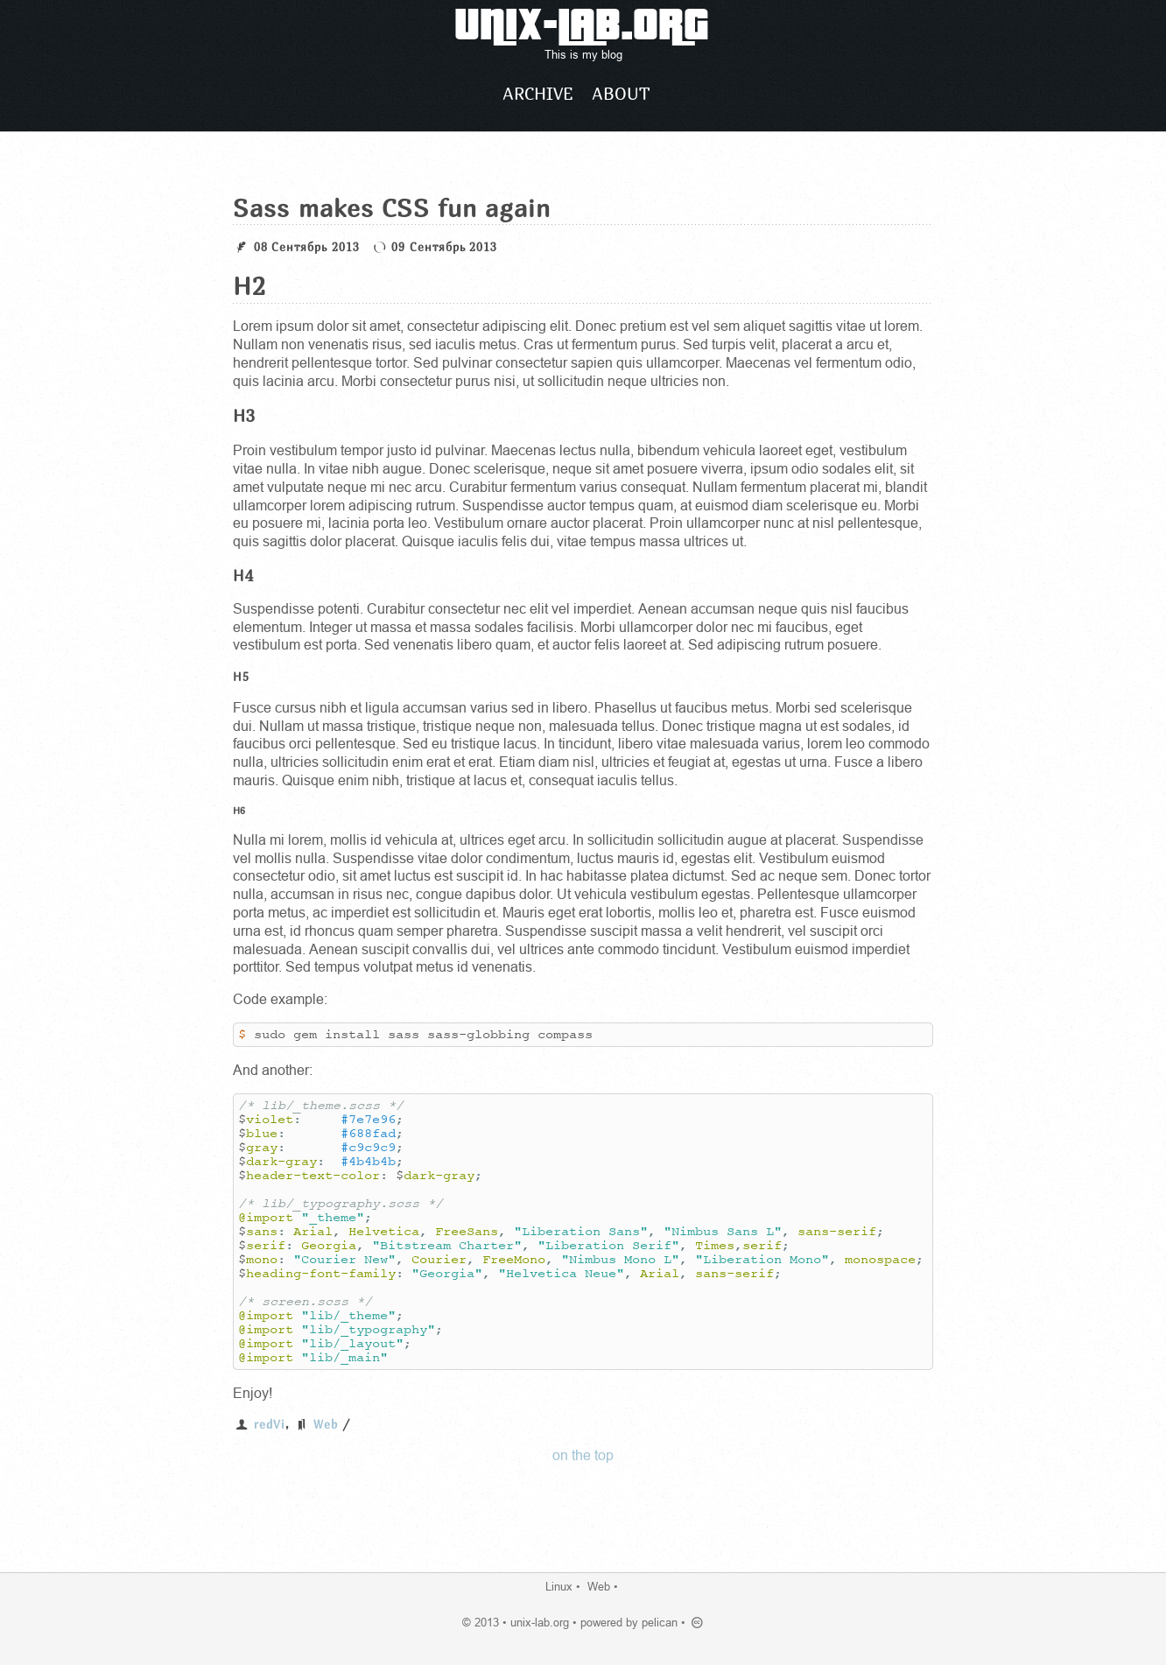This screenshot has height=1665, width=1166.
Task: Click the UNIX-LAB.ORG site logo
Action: pos(581,26)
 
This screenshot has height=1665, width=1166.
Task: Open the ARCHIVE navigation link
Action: pos(537,94)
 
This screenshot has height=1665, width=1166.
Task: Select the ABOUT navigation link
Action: pos(621,94)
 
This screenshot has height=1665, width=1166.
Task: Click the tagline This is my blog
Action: pos(583,55)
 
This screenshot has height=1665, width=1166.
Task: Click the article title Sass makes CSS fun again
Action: pos(391,208)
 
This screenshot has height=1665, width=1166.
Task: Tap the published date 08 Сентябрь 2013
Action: pos(306,247)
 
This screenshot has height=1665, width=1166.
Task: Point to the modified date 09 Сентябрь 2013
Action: pos(444,247)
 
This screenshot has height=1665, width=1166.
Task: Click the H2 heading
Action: pos(249,286)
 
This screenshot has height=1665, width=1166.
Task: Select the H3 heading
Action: pos(244,416)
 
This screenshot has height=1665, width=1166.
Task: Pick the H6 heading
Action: pos(239,811)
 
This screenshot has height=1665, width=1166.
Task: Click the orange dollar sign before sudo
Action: pos(242,1035)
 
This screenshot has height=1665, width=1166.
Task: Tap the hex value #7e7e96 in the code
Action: pos(369,1120)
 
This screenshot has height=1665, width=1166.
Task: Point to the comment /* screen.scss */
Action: pos(306,1302)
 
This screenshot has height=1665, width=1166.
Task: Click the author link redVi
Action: pos(269,1424)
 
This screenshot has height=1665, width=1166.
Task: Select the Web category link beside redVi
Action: pos(325,1424)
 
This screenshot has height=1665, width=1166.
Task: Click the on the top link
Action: pos(583,1455)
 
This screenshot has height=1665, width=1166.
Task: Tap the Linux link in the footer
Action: pos(558,1586)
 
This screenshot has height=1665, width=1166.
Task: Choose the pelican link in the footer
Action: pos(659,1622)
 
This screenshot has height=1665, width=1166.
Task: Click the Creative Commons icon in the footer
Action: pos(698,1622)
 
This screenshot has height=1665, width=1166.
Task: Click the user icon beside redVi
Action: pos(242,1424)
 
